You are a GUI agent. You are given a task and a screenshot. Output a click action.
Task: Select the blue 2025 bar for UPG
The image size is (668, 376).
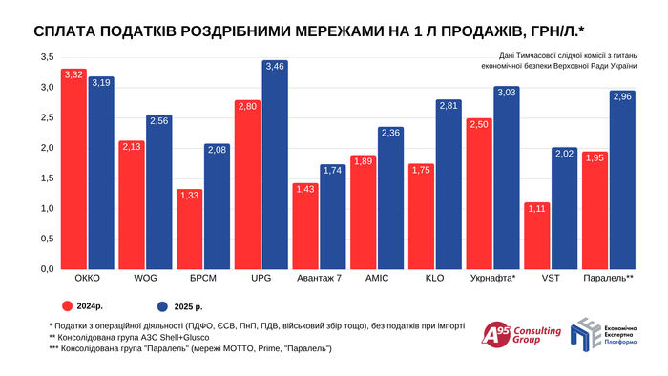click(274, 167)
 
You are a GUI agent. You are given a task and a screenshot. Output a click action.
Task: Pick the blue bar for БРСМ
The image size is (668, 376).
click(217, 208)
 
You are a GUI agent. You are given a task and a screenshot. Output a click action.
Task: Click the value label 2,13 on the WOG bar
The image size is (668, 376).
click(131, 146)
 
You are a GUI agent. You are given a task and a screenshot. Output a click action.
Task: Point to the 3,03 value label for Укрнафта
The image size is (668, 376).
click(506, 92)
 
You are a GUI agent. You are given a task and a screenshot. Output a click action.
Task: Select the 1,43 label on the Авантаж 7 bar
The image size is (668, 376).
click(304, 190)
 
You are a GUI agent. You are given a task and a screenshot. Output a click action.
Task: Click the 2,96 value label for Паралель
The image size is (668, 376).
click(622, 96)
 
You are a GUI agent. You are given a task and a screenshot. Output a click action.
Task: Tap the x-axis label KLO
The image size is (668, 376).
click(434, 279)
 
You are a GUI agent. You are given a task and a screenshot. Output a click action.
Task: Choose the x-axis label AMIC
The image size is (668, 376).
click(376, 279)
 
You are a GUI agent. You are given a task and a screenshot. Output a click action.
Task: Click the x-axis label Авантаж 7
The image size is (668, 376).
click(319, 279)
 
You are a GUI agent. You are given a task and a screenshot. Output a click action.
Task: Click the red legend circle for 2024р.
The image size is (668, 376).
click(69, 306)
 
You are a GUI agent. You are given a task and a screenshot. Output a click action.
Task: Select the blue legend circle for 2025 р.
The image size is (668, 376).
click(163, 306)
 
